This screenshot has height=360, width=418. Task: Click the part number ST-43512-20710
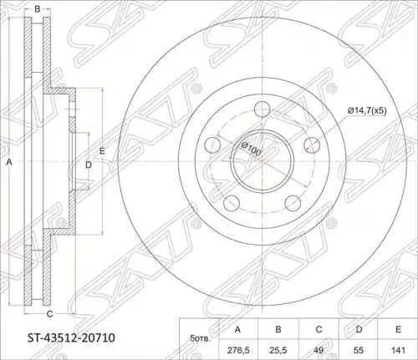(71, 338)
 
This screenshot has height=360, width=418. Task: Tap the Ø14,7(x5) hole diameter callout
(367, 111)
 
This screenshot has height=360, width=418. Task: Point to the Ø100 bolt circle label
(251, 149)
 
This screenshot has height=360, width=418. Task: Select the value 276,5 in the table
(237, 350)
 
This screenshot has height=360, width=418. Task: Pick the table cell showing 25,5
(278, 350)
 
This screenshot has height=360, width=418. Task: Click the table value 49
(319, 350)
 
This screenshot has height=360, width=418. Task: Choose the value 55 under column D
(358, 350)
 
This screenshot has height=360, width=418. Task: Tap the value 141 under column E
(398, 350)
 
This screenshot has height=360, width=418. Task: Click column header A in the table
(237, 330)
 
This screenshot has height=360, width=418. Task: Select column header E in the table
(399, 329)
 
